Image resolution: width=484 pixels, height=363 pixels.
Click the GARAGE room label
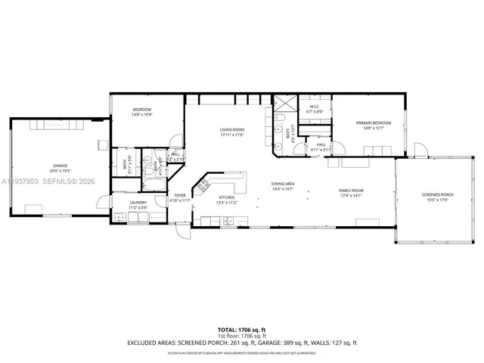point(60,164)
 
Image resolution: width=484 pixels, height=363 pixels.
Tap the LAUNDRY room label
point(138,202)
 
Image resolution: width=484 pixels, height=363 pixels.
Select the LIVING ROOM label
point(231,130)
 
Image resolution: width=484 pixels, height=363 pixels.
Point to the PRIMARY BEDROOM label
point(374,123)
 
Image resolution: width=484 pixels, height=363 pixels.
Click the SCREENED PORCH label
point(436,195)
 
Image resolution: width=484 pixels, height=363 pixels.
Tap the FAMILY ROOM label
point(351,190)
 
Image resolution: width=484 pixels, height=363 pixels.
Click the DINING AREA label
point(283,184)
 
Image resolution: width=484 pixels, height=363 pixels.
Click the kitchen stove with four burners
point(203,186)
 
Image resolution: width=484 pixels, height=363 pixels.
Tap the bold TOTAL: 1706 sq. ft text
point(241,330)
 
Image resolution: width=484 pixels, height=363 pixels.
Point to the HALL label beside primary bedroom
point(321,144)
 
